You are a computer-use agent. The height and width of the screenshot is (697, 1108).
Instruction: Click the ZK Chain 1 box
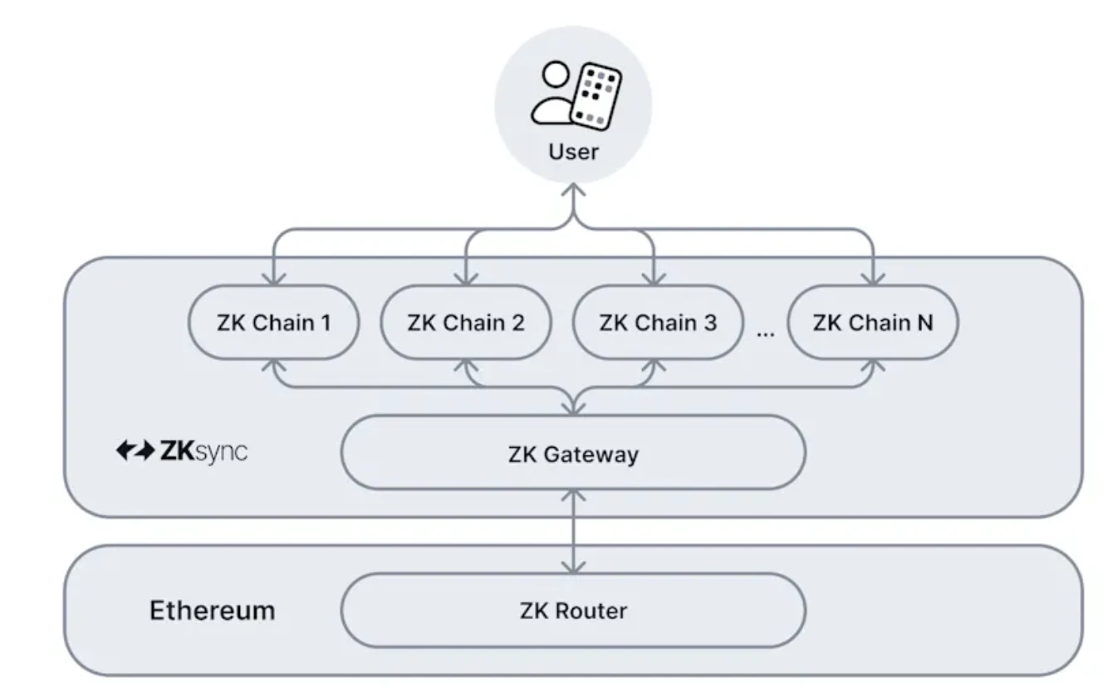[274, 323]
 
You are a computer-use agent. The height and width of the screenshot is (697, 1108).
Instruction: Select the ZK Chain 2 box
[465, 323]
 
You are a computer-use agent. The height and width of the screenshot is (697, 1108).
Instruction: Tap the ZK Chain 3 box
[657, 323]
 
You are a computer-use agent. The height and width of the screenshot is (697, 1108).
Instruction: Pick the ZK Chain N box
[872, 323]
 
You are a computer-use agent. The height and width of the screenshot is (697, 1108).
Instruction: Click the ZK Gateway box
[573, 454]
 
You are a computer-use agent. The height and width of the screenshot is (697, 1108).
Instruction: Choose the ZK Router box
[573, 611]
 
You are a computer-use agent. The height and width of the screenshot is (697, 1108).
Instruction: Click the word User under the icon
[573, 152]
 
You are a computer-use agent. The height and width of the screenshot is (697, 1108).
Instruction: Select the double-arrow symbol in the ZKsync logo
[135, 452]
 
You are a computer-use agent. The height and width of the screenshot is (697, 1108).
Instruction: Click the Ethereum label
[212, 611]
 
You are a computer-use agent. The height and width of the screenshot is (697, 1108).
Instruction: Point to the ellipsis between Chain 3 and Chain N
[765, 331]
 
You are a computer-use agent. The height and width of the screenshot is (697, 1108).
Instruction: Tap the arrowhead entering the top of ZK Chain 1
[274, 279]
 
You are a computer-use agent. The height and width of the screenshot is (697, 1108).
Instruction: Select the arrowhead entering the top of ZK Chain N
[872, 279]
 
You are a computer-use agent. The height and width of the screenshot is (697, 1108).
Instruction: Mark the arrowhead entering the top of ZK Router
[573, 567]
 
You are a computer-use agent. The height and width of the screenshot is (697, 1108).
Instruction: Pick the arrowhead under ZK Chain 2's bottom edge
[465, 366]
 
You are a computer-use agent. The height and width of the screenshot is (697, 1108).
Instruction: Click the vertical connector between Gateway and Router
[573, 531]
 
